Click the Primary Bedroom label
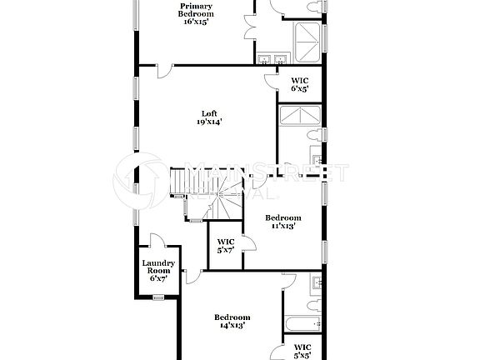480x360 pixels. (197, 10)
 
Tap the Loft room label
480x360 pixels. (210, 114)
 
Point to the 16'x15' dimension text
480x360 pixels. (197, 22)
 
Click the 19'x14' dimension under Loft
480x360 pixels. (210, 122)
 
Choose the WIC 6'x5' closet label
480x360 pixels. (300, 83)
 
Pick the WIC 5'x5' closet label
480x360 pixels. (302, 350)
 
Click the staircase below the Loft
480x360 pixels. (204, 193)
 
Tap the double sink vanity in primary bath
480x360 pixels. (272, 58)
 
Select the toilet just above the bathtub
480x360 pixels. (312, 306)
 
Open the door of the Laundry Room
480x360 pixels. (158, 242)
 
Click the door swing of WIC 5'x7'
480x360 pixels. (247, 242)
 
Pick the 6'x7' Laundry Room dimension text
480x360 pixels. (157, 278)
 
